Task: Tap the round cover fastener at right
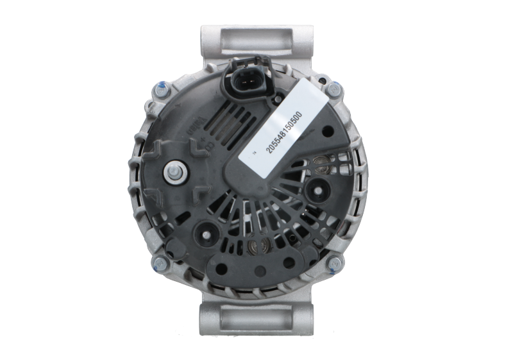317,189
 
